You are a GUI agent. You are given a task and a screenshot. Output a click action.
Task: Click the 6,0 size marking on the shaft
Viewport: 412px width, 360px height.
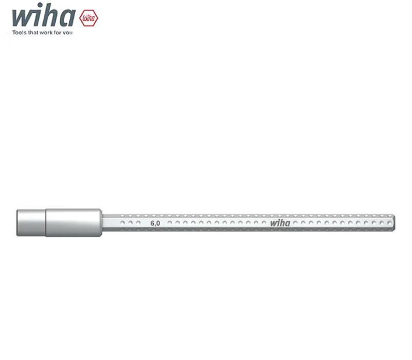pyautogui.click(x=155, y=223)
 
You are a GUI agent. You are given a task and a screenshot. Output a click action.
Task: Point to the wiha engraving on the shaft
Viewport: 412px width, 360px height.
pyautogui.click(x=279, y=223)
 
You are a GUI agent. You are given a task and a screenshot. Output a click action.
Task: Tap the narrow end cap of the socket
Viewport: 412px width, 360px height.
pyautogui.click(x=31, y=222)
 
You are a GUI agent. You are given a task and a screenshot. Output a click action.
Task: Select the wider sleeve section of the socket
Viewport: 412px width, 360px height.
pyautogui.click(x=74, y=222)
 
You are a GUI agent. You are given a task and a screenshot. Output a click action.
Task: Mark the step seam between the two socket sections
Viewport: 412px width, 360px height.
pyautogui.click(x=45, y=222)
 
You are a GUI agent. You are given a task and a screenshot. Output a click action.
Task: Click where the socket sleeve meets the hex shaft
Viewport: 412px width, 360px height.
pyautogui.click(x=104, y=222)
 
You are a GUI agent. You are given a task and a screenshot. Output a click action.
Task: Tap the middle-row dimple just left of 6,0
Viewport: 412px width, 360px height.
pyautogui.click(x=139, y=223)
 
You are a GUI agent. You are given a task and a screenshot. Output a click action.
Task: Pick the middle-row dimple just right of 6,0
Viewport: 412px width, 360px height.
pyautogui.click(x=170, y=223)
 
